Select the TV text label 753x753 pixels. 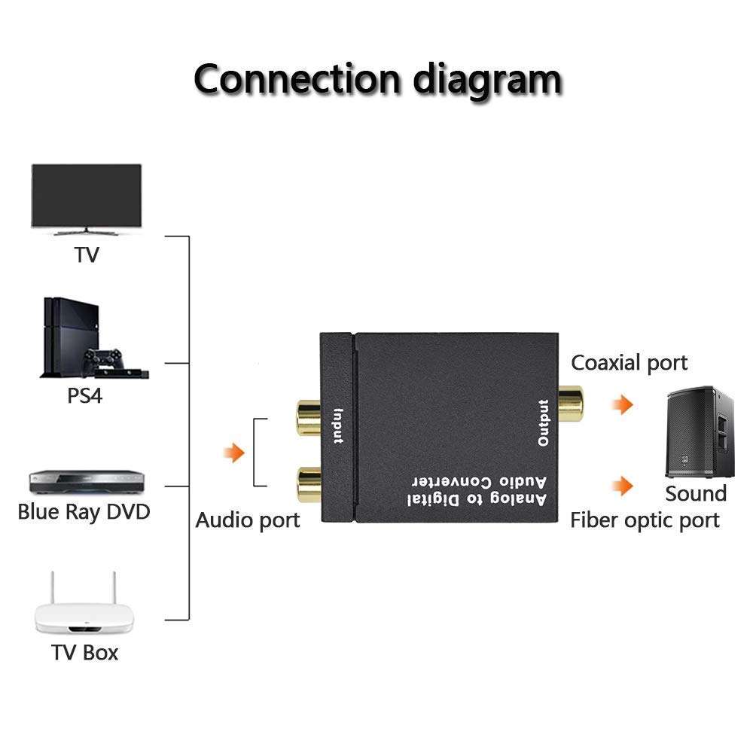coord(87,255)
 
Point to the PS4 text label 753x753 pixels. coord(85,395)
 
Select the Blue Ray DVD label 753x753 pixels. coord(84,513)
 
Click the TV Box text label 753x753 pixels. coord(85,652)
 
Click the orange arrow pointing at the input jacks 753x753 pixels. coord(235,453)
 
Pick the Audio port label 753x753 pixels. coord(248,520)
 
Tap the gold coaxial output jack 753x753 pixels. coord(570,404)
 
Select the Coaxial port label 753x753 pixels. coord(629,363)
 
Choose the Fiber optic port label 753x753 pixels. coord(644,520)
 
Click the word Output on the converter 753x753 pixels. coord(544,424)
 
